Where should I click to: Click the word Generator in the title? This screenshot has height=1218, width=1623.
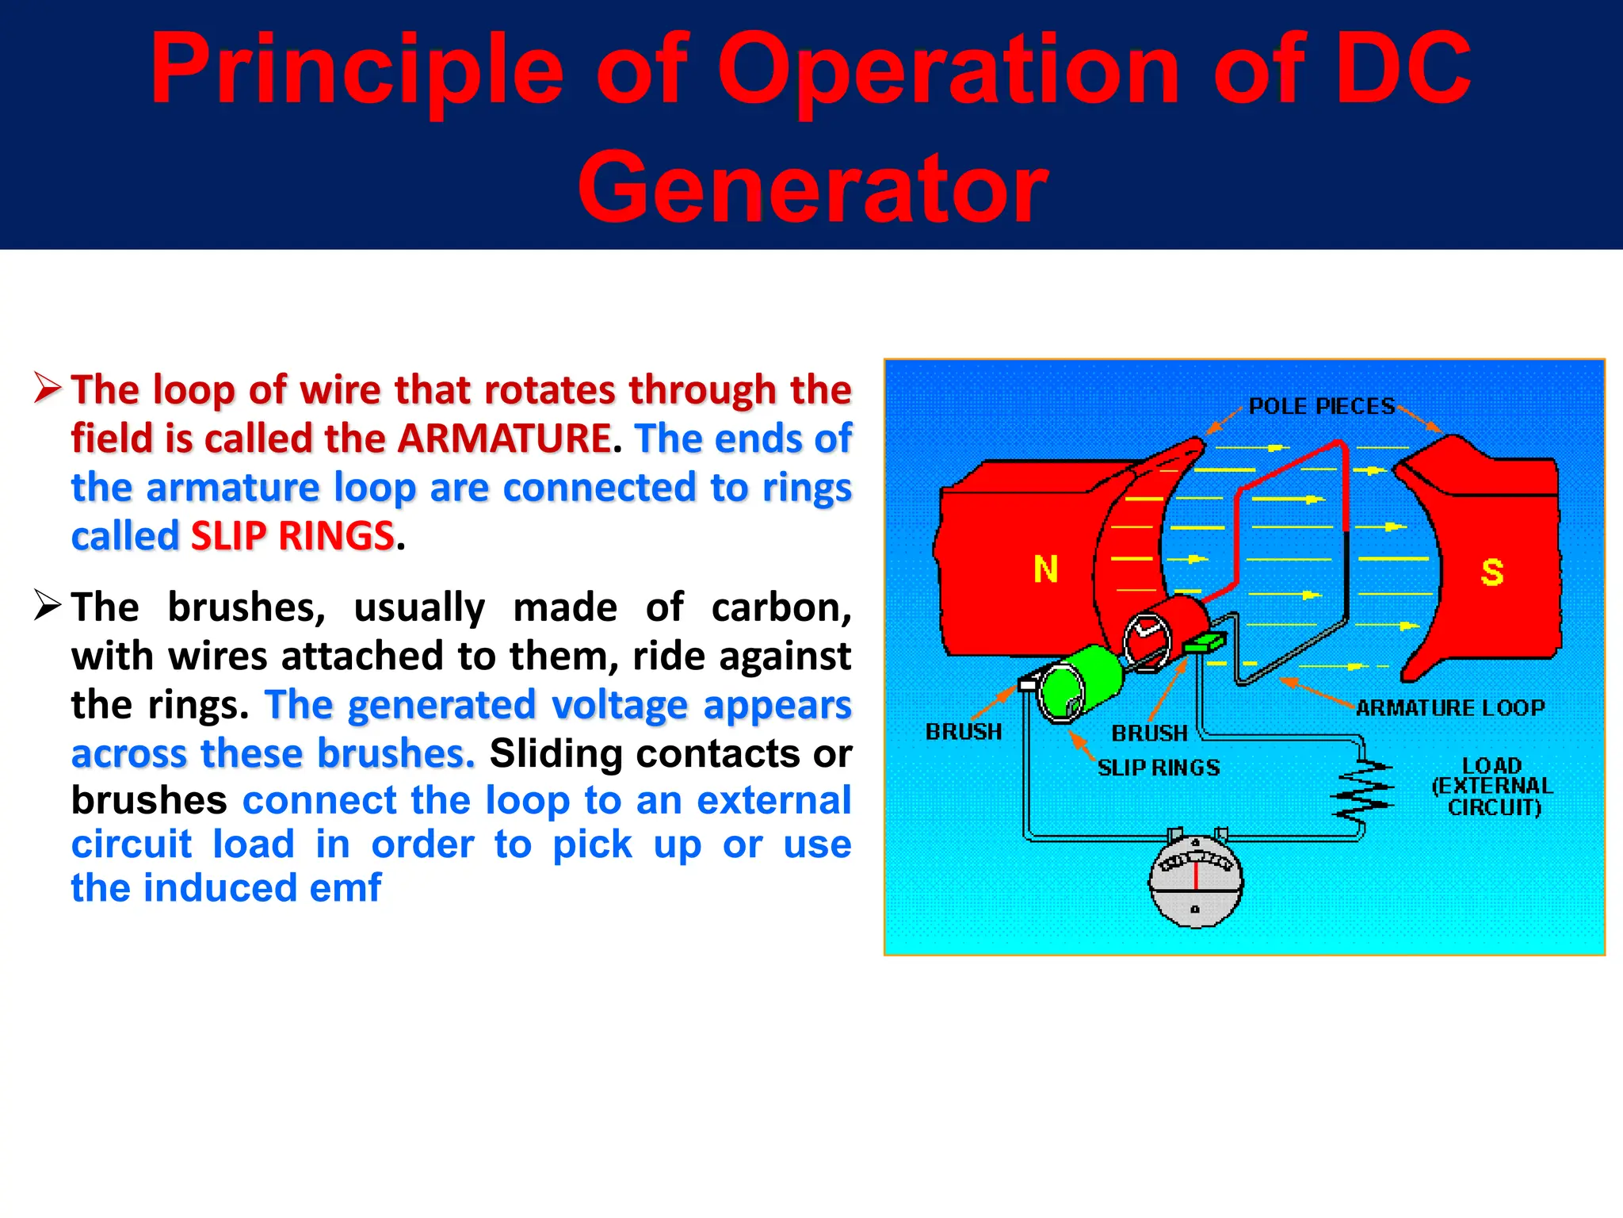pyautogui.click(x=812, y=187)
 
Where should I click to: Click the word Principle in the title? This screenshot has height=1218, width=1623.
pyautogui.click(x=357, y=70)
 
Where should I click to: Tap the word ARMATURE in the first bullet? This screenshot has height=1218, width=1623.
pyautogui.click(x=504, y=439)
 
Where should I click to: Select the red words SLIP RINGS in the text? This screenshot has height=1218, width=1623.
pyautogui.click(x=292, y=536)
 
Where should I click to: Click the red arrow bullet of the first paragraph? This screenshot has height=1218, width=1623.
pyautogui.click(x=48, y=388)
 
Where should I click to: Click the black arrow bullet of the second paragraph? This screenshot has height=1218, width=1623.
pyautogui.click(x=48, y=606)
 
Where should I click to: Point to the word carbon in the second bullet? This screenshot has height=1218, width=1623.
pyautogui.click(x=781, y=607)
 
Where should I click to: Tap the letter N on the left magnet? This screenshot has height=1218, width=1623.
pyautogui.click(x=1045, y=569)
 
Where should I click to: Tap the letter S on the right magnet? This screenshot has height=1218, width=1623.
pyautogui.click(x=1491, y=572)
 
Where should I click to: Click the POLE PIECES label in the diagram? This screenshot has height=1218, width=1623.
pyautogui.click(x=1321, y=406)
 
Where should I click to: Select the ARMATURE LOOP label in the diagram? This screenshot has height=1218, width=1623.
pyautogui.click(x=1449, y=707)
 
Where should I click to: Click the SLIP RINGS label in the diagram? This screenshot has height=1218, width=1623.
pyautogui.click(x=1158, y=768)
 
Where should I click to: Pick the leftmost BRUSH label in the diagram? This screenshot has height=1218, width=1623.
pyautogui.click(x=963, y=731)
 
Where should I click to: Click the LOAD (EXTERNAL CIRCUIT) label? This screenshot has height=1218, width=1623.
pyautogui.click(x=1491, y=787)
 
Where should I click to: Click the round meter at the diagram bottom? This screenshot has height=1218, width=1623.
pyautogui.click(x=1195, y=880)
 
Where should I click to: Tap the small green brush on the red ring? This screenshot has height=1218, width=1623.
pyautogui.click(x=1205, y=642)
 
